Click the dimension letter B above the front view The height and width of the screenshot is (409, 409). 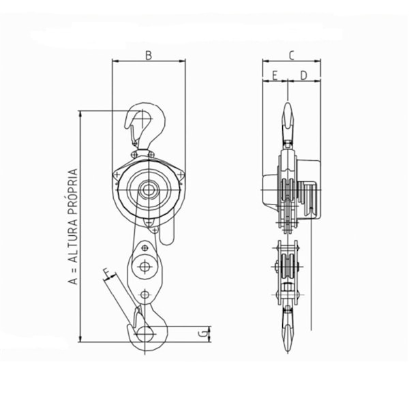click(x=149, y=55)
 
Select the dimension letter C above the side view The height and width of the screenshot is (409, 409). click(x=291, y=55)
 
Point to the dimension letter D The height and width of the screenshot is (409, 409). click(x=303, y=74)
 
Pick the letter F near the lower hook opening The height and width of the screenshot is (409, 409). click(x=106, y=275)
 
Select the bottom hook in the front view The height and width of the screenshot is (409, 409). click(x=146, y=330)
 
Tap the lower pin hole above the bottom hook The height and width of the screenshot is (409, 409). click(x=145, y=294)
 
